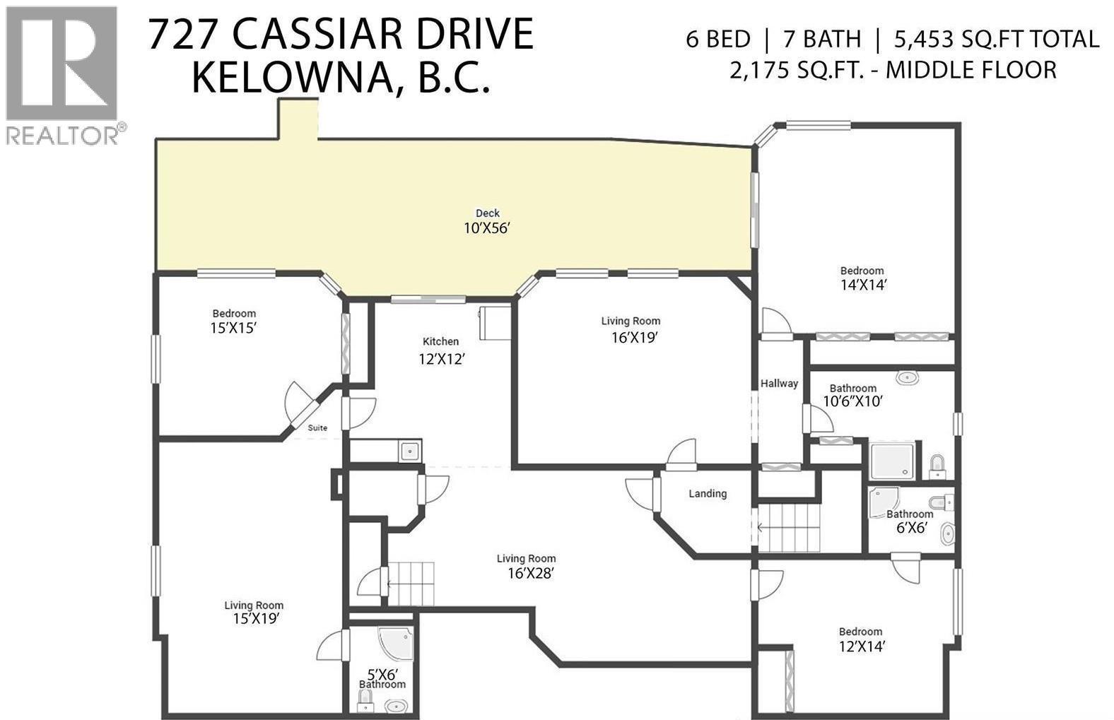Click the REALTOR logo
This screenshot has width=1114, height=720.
[62, 73]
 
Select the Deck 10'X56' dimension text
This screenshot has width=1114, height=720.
[487, 228]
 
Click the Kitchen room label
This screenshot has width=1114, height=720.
[441, 341]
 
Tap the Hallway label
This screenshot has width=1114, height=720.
[779, 383]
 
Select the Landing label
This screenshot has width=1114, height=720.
[708, 493]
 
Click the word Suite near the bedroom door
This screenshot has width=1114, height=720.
[317, 427]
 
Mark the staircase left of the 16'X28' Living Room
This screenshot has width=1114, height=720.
[410, 584]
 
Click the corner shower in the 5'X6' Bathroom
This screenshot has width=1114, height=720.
[391, 642]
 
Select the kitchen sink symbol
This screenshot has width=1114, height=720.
[409, 450]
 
